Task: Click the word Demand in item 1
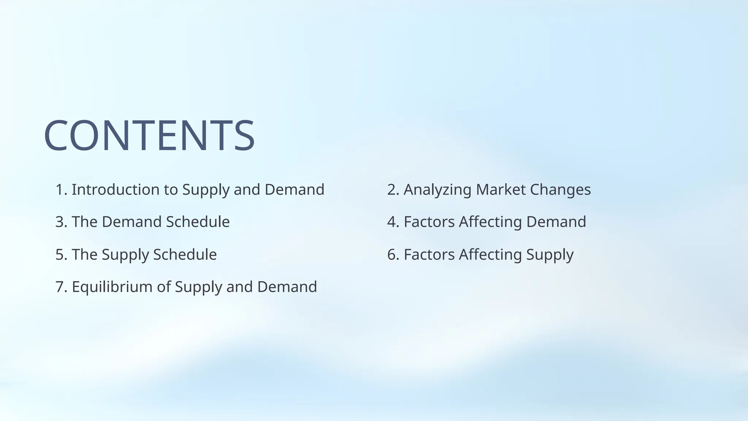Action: (x=294, y=190)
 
